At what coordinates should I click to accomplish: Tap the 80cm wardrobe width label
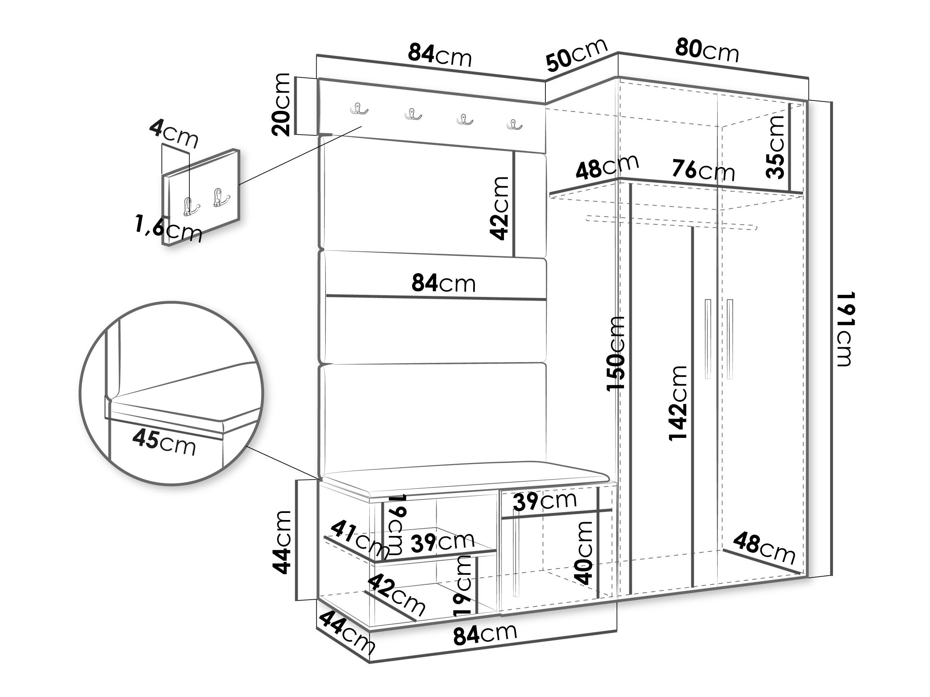707,51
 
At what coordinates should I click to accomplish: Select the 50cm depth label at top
577,55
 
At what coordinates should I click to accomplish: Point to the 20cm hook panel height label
281,105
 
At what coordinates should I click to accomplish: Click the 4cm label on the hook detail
174,133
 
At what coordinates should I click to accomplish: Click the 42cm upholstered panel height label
500,208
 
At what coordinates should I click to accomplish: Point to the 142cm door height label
678,403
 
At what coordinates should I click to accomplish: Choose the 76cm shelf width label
703,171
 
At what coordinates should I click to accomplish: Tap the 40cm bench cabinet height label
584,553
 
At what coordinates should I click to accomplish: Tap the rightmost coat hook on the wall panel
514,124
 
